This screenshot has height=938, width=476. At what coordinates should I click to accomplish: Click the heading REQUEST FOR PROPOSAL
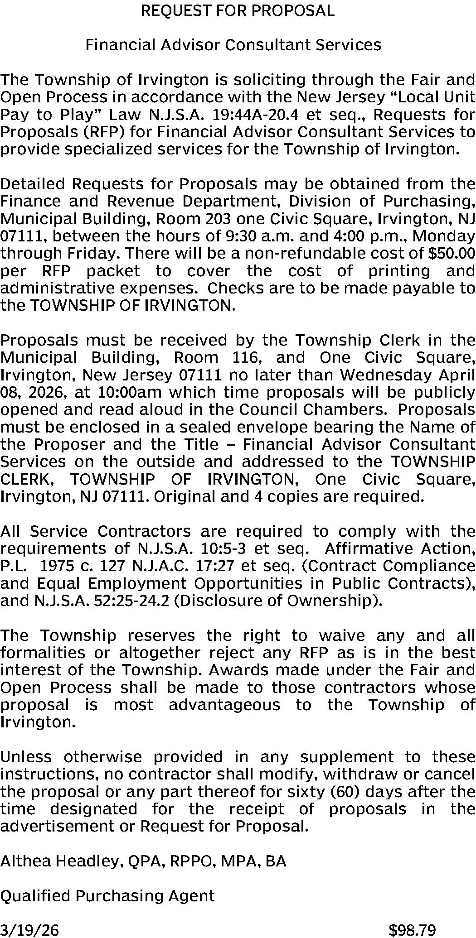(x=238, y=10)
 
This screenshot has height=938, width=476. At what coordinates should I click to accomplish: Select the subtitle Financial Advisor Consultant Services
(x=233, y=45)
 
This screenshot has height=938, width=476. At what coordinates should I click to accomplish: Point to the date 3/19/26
(x=29, y=930)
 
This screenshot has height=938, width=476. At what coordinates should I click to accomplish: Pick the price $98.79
(x=413, y=930)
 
